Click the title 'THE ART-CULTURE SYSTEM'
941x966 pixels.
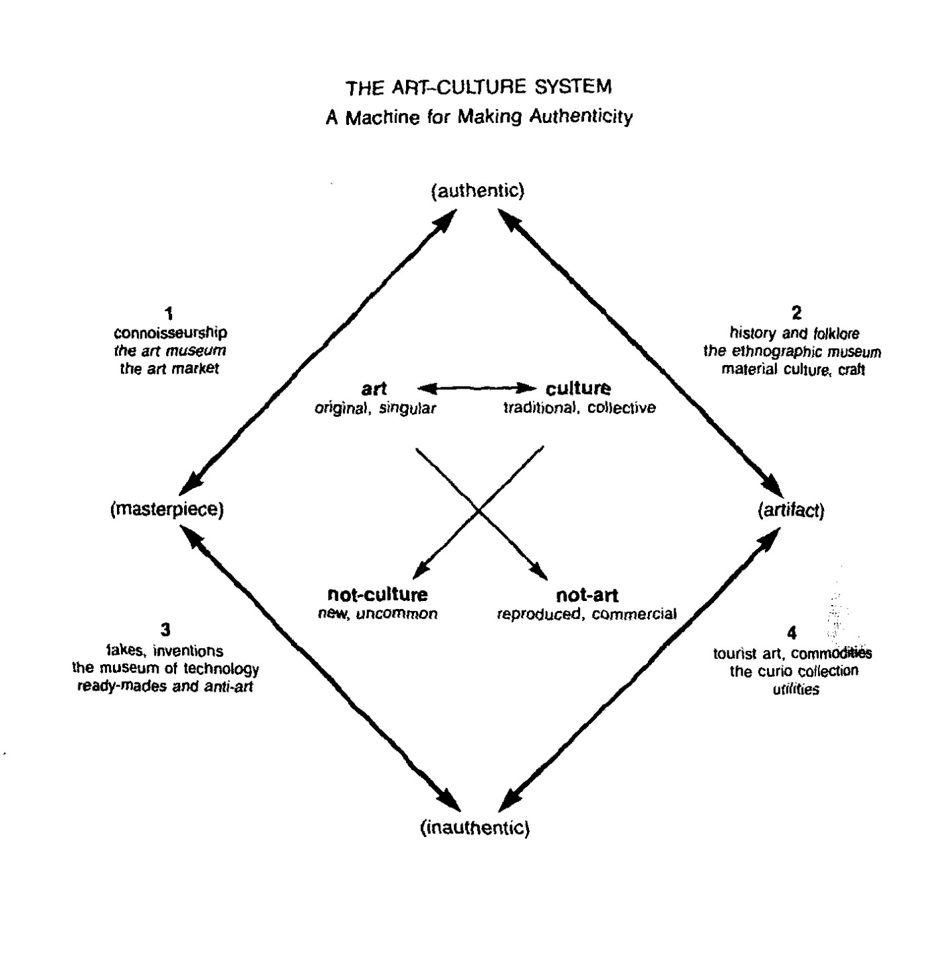(479, 87)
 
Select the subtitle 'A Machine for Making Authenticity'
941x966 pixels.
(479, 117)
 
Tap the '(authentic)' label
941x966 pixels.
(477, 191)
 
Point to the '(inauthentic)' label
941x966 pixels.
(475, 828)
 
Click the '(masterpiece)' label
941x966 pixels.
(167, 510)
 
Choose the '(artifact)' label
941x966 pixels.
(790, 511)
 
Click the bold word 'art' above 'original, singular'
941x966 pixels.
(374, 389)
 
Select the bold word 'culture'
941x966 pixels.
(578, 389)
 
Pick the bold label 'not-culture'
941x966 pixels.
(377, 594)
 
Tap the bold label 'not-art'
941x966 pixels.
(587, 595)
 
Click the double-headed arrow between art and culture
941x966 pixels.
(477, 388)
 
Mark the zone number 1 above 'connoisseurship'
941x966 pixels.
(169, 313)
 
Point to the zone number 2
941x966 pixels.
(796, 313)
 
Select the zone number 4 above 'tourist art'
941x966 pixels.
(791, 633)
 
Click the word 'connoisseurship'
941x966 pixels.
(170, 333)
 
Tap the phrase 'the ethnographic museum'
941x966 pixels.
(792, 352)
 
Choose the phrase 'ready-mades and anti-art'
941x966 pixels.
(165, 687)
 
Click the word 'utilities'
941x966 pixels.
(796, 690)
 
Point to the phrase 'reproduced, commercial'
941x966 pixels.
(586, 614)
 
